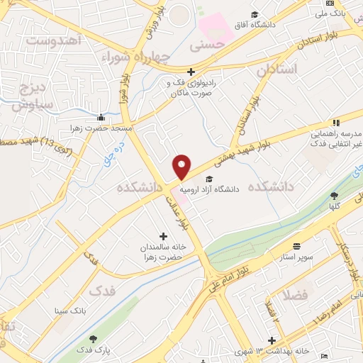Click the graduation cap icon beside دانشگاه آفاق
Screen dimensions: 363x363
point(254,15)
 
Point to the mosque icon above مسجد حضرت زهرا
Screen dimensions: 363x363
point(101,118)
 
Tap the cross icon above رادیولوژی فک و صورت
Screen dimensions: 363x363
point(191,72)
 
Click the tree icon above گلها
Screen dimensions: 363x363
point(334,195)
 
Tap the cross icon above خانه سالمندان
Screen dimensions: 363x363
point(164,236)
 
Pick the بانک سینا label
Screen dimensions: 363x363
point(69,310)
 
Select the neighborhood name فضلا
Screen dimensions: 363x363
point(295,293)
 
